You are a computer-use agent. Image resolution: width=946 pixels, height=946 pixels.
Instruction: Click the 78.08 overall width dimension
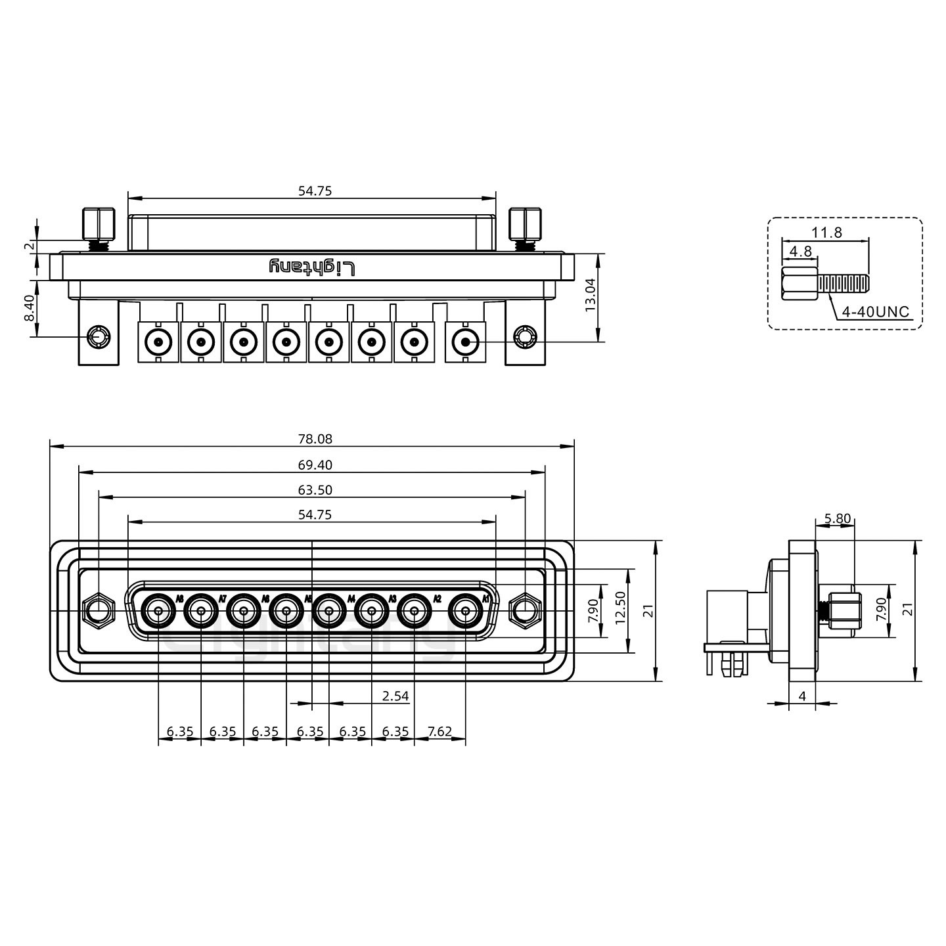click(315, 439)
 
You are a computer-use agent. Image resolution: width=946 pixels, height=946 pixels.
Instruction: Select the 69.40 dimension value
click(315, 465)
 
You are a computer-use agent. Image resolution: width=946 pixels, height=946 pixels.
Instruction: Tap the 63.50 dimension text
click(315, 490)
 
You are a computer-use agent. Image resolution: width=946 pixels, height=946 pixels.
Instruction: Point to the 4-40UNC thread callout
click(876, 311)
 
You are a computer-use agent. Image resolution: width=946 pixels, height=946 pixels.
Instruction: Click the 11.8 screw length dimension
click(826, 232)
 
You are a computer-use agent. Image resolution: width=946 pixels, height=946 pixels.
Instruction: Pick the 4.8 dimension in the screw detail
click(800, 251)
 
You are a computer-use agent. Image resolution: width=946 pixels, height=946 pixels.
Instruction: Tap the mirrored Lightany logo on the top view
click(312, 267)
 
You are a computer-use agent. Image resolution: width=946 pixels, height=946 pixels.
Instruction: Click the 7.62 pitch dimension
click(439, 731)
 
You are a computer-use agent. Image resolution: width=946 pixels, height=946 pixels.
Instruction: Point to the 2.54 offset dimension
click(395, 696)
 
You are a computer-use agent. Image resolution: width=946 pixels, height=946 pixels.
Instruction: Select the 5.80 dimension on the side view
click(837, 518)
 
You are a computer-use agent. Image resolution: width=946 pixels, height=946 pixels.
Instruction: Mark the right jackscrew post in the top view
click(526, 225)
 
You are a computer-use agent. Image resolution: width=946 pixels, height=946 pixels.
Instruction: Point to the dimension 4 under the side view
click(801, 696)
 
